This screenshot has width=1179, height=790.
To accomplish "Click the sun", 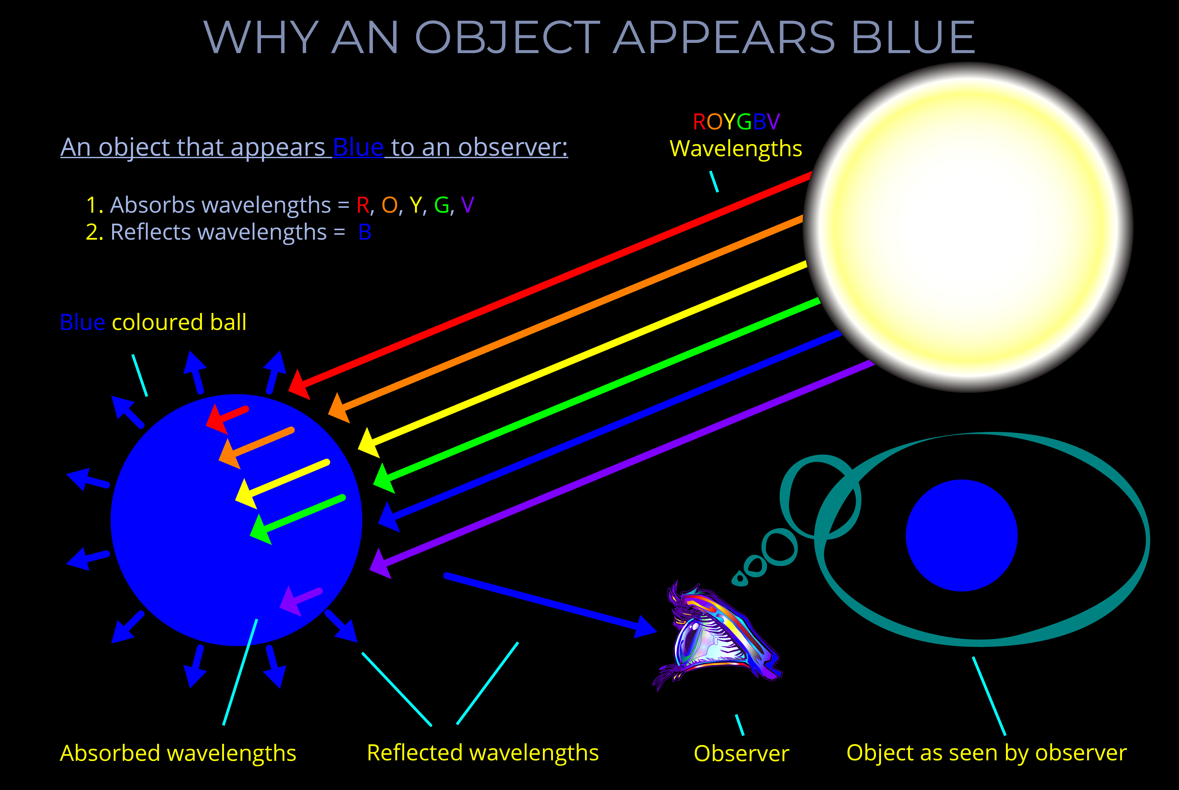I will click(968, 227).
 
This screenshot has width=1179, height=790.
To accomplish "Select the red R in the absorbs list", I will click(363, 205).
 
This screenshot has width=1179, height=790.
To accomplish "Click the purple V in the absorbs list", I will click(467, 205).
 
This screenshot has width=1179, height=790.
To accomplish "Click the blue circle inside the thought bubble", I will click(961, 535).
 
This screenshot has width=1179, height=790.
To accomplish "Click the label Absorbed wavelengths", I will click(178, 753).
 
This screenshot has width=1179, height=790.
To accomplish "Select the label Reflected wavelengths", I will click(482, 753).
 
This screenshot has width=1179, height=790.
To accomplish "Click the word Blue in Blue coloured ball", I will click(82, 322).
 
